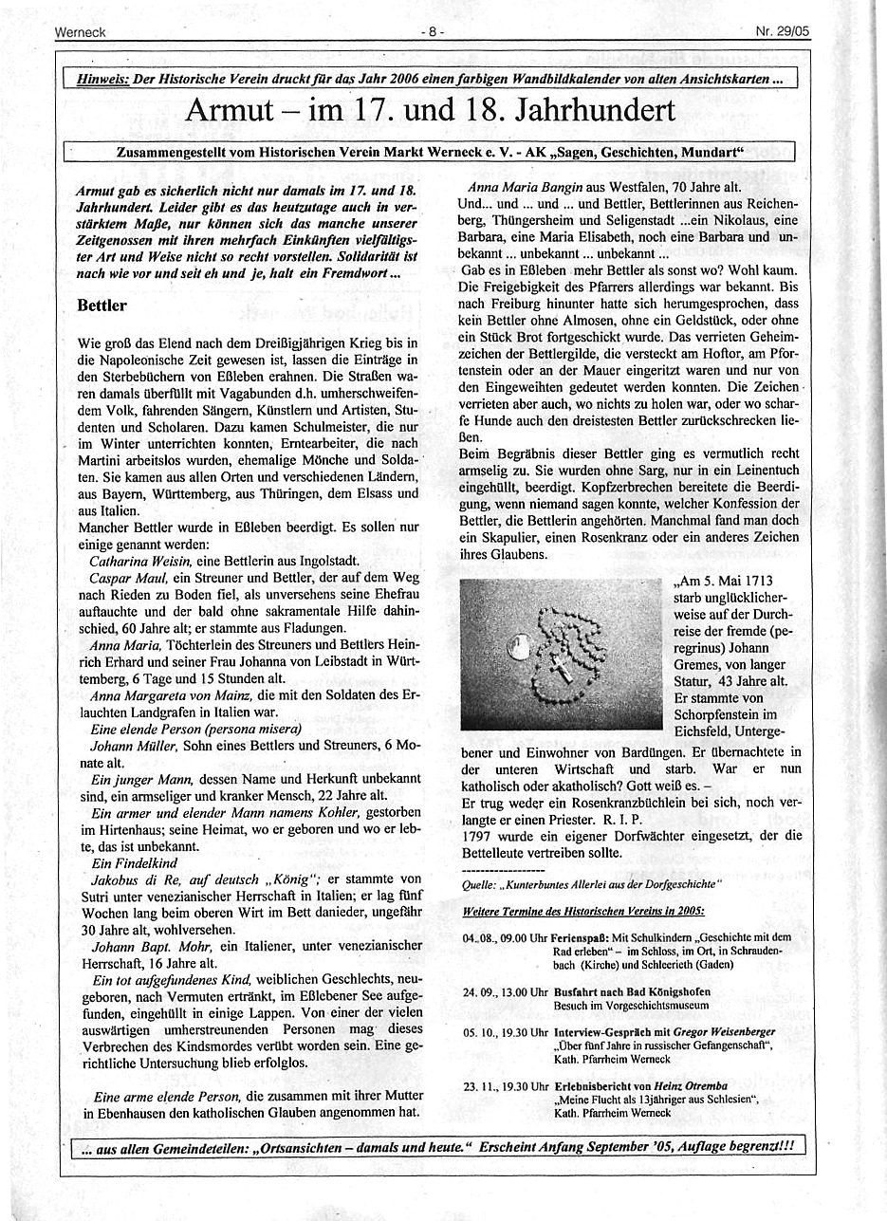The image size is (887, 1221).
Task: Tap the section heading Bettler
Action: pos(102,307)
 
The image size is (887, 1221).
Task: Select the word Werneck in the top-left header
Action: pos(80,31)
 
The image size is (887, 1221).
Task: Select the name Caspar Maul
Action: pos(123,577)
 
